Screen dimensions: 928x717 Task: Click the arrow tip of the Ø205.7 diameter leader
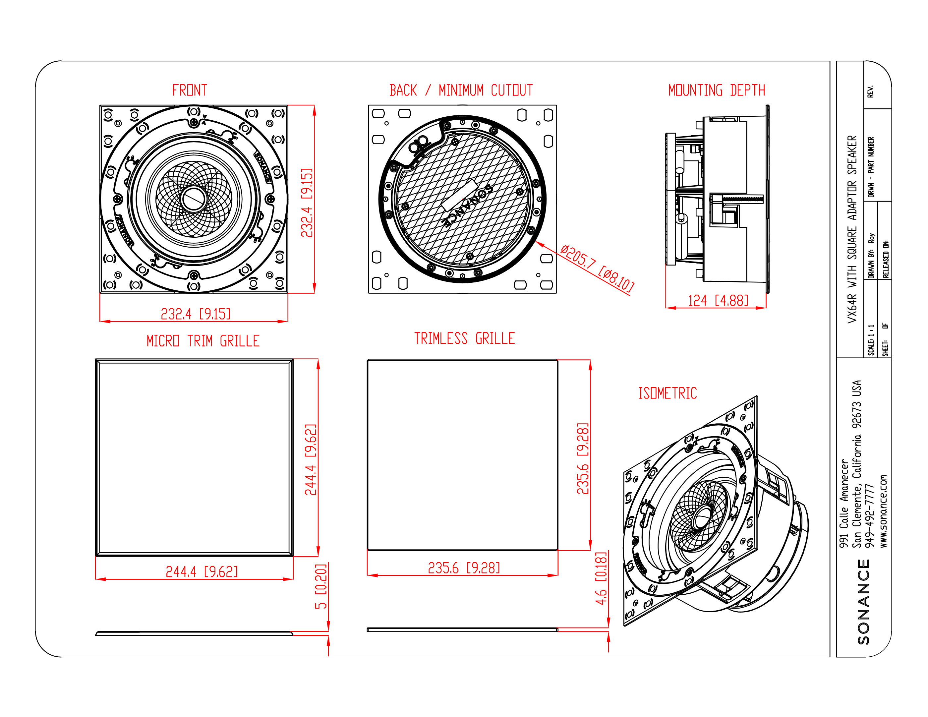[536, 242]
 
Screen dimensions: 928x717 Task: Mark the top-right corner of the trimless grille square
[557, 360]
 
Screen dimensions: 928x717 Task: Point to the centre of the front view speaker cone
[194, 199]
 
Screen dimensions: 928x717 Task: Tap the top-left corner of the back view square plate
[369, 105]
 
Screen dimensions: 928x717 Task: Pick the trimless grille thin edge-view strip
[462, 630]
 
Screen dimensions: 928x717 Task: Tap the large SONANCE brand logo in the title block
[863, 602]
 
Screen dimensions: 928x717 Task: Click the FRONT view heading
[190, 90]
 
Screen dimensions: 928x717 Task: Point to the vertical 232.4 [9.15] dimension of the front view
[307, 203]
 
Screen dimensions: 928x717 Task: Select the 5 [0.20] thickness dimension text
[321, 586]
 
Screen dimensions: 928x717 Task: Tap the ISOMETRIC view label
[667, 393]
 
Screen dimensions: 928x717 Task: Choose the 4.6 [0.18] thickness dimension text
[601, 578]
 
